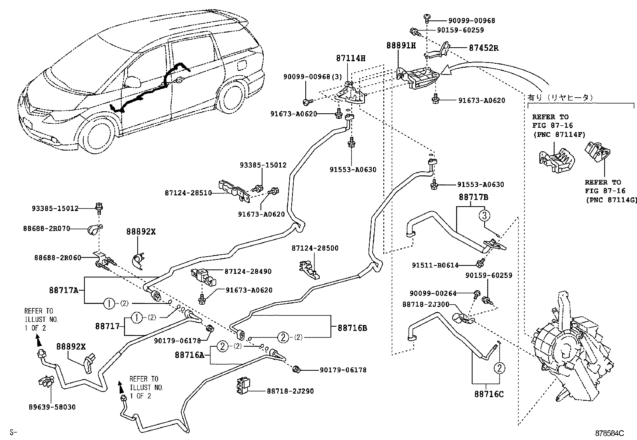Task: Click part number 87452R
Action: (484, 48)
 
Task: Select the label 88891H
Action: (401, 46)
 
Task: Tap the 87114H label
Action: (351, 58)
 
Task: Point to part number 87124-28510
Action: (188, 193)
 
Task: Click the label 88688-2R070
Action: (46, 229)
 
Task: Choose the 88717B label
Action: (473, 197)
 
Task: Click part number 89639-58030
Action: (52, 407)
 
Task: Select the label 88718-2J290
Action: (290, 391)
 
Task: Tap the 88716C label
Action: (489, 394)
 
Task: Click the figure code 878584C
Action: (609, 433)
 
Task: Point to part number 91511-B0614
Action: (435, 265)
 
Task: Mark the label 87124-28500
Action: (315, 248)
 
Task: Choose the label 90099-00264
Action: (433, 293)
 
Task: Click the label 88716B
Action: (353, 328)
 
